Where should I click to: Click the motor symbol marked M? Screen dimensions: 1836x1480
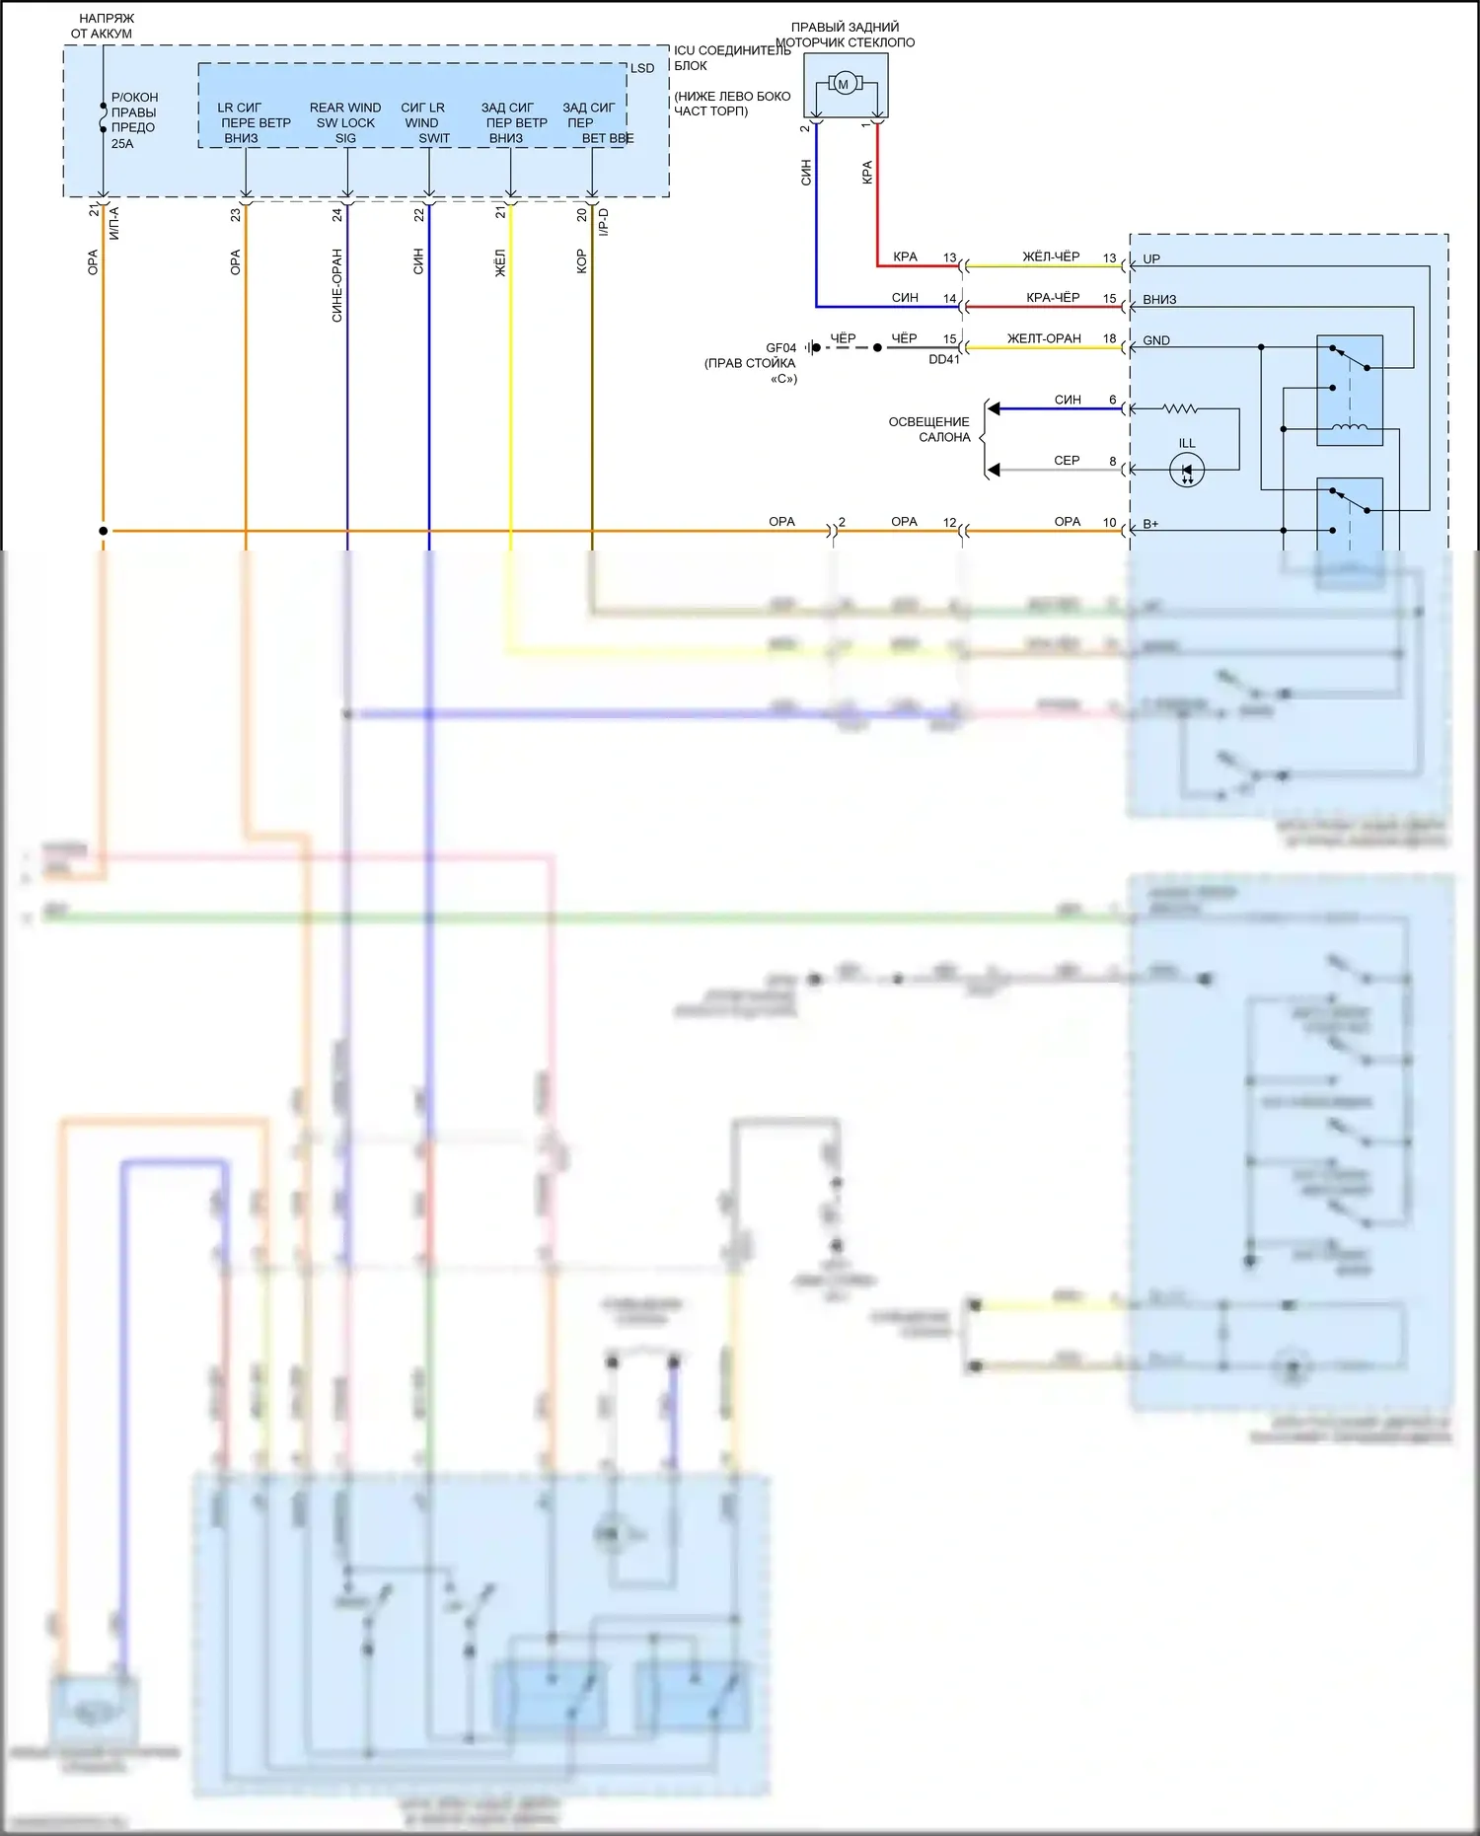click(844, 85)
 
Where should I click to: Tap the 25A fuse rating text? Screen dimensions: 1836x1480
click(122, 144)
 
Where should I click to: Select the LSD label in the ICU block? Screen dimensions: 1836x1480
click(642, 68)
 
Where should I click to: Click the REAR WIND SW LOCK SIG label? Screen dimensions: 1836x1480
click(345, 122)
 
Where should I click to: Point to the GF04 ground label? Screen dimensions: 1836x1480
click(780, 348)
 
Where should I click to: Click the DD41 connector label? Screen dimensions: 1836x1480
click(943, 360)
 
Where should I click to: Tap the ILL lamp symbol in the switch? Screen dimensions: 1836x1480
click(1187, 471)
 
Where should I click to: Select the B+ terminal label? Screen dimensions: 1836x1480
click(1150, 524)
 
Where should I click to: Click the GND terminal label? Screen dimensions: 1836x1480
click(1156, 340)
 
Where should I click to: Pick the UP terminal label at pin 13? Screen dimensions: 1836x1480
click(1151, 259)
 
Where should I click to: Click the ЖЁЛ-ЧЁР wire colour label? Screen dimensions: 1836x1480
click(1051, 257)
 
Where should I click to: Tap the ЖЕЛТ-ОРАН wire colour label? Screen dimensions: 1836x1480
click(1044, 338)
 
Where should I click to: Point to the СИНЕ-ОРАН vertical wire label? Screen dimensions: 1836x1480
click(337, 285)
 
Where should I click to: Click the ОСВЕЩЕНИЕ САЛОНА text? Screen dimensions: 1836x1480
click(929, 429)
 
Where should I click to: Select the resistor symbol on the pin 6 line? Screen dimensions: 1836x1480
click(1180, 408)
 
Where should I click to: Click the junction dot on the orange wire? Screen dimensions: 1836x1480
click(104, 531)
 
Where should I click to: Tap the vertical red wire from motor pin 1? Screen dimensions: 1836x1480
click(877, 197)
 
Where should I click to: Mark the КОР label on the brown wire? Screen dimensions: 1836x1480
click(581, 261)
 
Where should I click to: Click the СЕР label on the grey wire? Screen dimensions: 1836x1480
click(1067, 461)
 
